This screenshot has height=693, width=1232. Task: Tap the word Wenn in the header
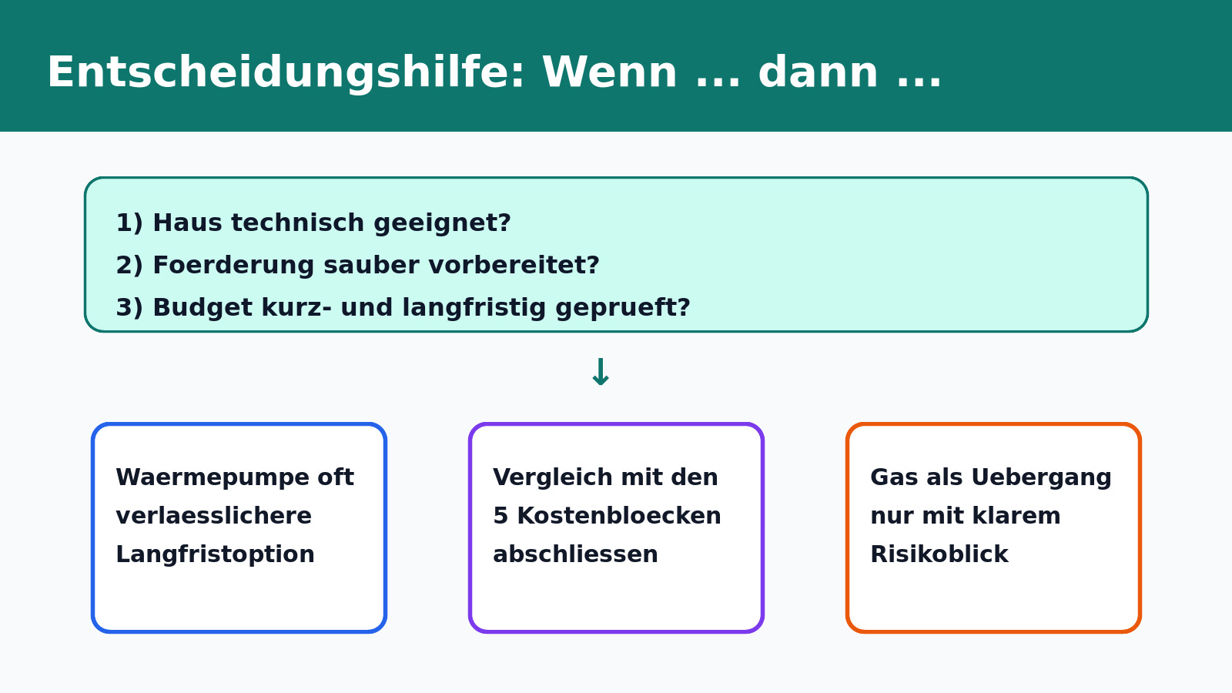tap(609, 74)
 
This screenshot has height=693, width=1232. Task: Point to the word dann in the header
tap(818, 74)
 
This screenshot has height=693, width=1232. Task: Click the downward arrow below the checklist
tap(601, 373)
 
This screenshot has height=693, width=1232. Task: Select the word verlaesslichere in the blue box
tap(213, 516)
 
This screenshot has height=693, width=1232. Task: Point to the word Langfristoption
tap(215, 554)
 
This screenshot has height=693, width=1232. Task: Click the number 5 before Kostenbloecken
tap(500, 516)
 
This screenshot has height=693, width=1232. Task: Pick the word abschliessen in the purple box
tap(575, 554)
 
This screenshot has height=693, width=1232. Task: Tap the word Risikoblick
tap(939, 554)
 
